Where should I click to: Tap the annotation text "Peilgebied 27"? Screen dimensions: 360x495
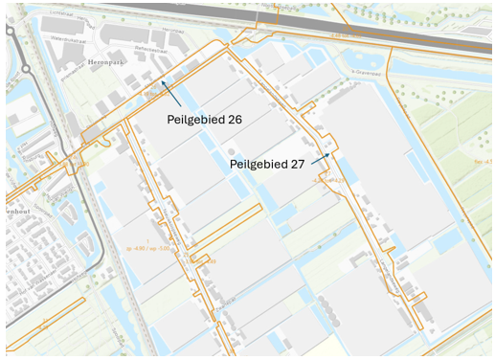267,164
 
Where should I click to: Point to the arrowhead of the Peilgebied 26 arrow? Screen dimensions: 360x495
162,81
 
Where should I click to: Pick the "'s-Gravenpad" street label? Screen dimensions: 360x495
367,72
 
